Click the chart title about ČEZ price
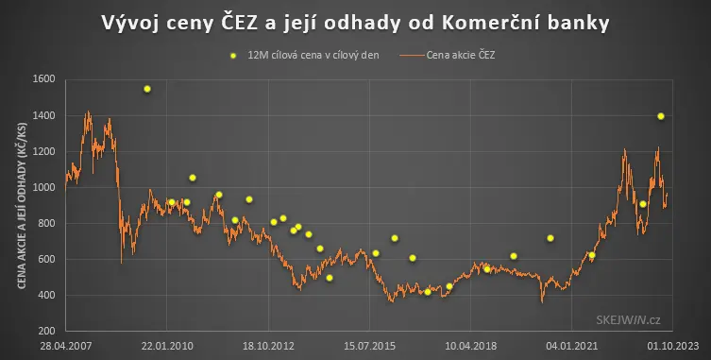click(355, 23)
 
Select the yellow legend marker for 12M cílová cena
click(233, 56)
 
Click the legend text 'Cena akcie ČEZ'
click(461, 56)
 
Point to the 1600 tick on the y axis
click(44, 79)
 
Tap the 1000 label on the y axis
click(44, 187)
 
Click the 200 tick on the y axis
click(46, 331)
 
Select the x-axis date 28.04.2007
click(66, 346)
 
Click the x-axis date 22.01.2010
click(167, 346)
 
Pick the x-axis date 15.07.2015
click(369, 346)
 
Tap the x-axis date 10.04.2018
click(470, 346)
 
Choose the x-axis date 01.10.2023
click(673, 346)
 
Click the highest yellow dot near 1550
click(147, 89)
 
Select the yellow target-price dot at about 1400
click(661, 116)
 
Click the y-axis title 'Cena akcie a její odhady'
click(22, 206)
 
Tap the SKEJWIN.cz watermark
click(629, 320)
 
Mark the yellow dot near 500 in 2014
click(330, 278)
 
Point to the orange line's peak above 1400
click(88, 111)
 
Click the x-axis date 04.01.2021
click(572, 346)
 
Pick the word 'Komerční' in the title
click(488, 23)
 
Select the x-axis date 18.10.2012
click(268, 346)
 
